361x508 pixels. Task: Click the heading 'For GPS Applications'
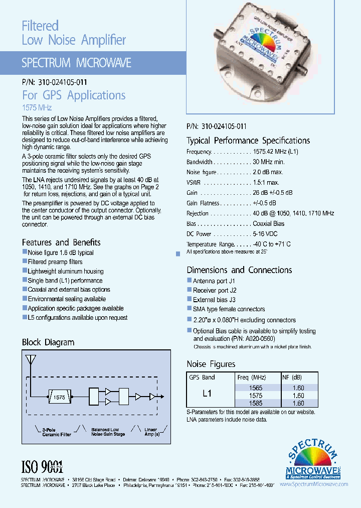74,95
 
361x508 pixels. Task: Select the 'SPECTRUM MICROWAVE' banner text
76,63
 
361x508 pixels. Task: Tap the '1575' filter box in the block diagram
59,397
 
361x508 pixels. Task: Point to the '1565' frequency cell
256,388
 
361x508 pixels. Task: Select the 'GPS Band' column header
202,377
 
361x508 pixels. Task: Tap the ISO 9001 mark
42,467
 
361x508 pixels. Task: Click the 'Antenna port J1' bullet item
214,281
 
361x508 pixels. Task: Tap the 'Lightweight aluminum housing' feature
65,271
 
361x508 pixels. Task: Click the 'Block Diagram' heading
48,342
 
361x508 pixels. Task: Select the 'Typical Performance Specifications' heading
248,141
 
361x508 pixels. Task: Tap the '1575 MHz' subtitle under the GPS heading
37,107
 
